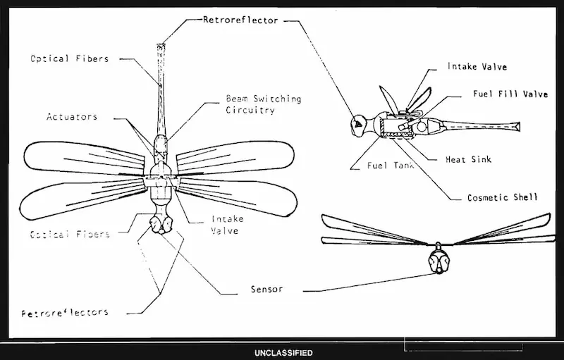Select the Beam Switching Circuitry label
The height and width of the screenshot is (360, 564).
(x=263, y=104)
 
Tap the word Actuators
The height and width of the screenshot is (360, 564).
(x=72, y=116)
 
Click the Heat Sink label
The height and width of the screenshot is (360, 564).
(x=469, y=159)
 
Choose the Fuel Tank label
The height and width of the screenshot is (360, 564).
(x=386, y=166)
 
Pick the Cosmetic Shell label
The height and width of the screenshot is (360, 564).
(x=502, y=198)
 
